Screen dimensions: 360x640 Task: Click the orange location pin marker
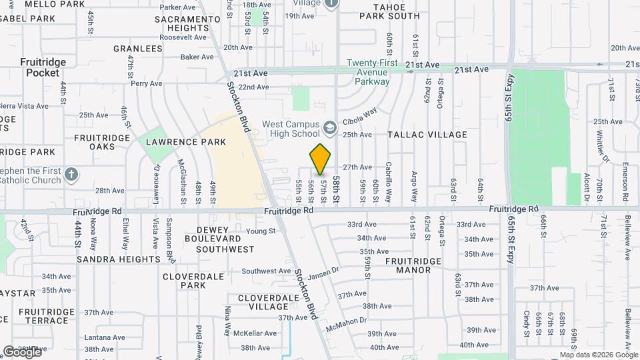(321, 159)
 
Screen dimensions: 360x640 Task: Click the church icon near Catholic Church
(72, 175)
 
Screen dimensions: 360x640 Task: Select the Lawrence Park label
(186, 142)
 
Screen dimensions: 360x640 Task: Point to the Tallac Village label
(427, 135)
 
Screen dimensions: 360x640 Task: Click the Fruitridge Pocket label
(43, 67)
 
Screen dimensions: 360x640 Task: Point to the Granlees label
(138, 49)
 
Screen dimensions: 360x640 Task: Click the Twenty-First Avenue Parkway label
(372, 73)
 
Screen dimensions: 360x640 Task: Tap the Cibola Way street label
(360, 117)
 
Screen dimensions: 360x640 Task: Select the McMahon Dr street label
(347, 325)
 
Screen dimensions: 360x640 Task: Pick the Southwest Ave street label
(266, 271)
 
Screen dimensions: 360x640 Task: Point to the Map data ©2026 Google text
(599, 355)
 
